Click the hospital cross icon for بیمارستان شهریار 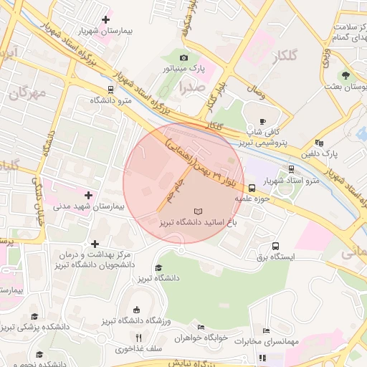pos(107,19)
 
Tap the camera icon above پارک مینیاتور pos(184,57)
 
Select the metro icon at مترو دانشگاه pos(110,90)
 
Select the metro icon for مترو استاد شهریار pos(291,169)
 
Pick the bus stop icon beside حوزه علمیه pos(251,189)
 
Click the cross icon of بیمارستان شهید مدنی pos(89,194)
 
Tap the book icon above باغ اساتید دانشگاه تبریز pos(198,211)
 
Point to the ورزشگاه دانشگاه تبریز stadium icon pos(136,310)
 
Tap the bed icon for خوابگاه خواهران pos(201,326)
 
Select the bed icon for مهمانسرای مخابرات pos(266,331)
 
